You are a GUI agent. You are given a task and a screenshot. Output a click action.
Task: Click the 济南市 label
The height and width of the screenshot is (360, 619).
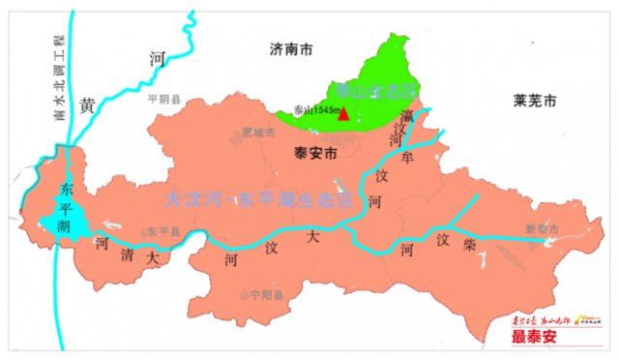pos(292,46)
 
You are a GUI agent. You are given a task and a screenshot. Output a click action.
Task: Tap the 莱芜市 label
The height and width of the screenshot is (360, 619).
pos(536,101)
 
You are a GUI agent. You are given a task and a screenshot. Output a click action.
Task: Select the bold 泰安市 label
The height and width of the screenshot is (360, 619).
pos(314,152)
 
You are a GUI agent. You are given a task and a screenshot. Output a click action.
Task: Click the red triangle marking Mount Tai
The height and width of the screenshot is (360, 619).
pos(344,114)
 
